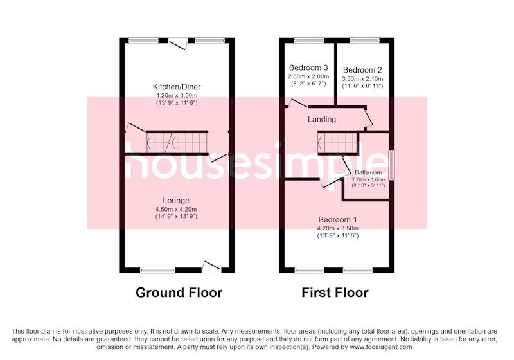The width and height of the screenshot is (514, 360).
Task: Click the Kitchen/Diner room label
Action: (176, 87)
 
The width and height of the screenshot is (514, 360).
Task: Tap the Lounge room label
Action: (176, 201)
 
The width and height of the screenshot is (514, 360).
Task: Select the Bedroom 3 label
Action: (308, 68)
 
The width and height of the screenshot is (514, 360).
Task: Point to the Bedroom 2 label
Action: (362, 70)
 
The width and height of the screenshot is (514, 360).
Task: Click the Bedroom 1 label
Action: (338, 220)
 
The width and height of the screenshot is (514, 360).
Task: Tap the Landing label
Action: (322, 119)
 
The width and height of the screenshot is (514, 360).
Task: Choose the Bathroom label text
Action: (368, 172)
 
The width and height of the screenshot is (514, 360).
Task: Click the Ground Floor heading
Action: (179, 292)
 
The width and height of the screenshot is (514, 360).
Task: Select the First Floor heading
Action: (335, 292)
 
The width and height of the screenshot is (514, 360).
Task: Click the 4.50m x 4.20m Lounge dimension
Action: (176, 209)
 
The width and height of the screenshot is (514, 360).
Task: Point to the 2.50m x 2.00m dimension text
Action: (308, 76)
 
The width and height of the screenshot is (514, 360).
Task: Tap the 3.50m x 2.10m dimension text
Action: (362, 79)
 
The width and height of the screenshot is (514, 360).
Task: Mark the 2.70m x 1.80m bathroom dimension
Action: (368, 179)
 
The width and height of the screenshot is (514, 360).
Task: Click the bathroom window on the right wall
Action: (391, 165)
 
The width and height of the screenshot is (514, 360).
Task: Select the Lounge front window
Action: (157, 270)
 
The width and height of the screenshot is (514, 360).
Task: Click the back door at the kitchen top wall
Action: (178, 43)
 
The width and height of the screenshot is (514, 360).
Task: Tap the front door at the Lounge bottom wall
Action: (211, 267)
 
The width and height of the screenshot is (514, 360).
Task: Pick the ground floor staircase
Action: (177, 142)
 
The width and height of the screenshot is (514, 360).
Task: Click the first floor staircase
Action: (338, 143)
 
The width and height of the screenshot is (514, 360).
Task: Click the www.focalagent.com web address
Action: (380, 347)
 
